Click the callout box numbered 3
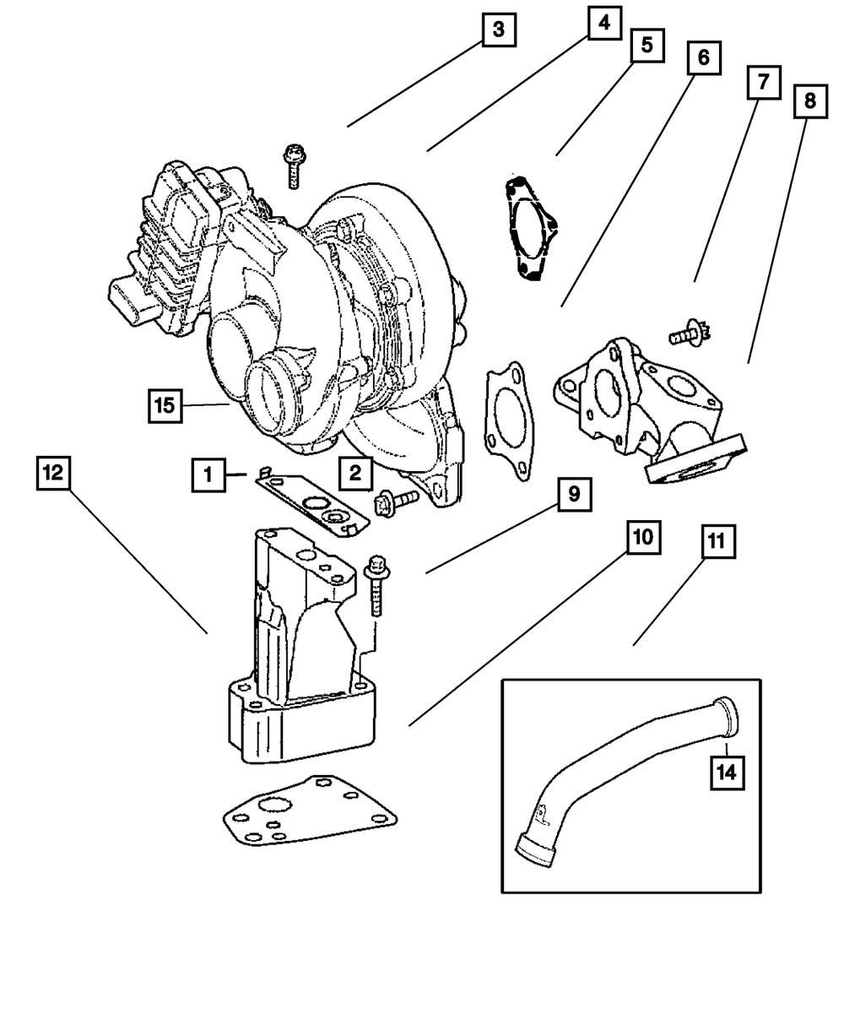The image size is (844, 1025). [x=499, y=30]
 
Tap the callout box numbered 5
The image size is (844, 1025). [x=646, y=45]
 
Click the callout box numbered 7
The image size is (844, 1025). [x=762, y=84]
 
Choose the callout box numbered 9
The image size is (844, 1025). [x=573, y=495]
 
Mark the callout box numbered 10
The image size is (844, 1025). [x=642, y=539]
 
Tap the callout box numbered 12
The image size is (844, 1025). [x=53, y=474]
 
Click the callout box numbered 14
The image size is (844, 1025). [x=728, y=771]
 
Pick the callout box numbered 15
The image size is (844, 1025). [x=165, y=405]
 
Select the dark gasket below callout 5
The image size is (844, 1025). [x=527, y=228]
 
